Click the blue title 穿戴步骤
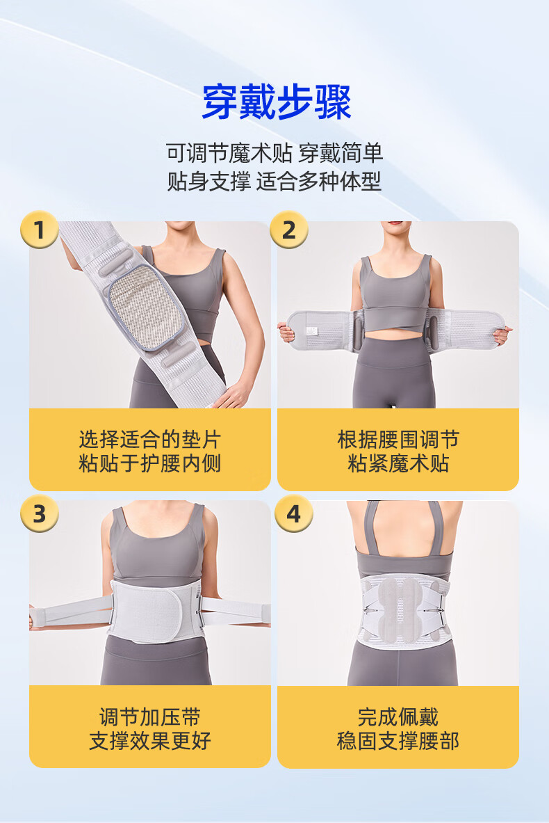[x=277, y=102]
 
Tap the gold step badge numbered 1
[x=40, y=230]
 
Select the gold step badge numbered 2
[x=289, y=230]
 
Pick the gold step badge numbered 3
[x=40, y=513]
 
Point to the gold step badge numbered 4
[x=294, y=513]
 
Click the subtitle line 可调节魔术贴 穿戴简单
[x=274, y=153]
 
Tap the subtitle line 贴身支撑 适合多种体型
[x=274, y=181]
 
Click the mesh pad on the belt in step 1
[x=145, y=307]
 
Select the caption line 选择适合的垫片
[x=150, y=439]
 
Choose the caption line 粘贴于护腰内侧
[x=150, y=463]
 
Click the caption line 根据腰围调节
[x=398, y=439]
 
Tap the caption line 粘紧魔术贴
[x=398, y=463]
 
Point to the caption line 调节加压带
[x=150, y=717]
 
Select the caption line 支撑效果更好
[x=150, y=741]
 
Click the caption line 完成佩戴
[x=398, y=717]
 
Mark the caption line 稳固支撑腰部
[x=398, y=741]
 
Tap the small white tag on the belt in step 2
[x=311, y=331]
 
